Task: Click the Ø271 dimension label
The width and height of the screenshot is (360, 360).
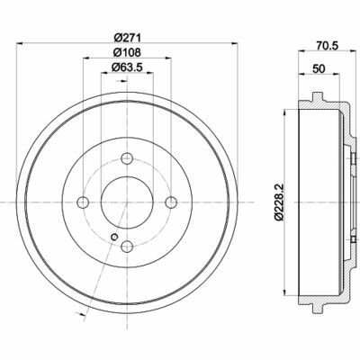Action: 127,38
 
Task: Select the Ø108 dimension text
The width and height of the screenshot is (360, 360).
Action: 127,52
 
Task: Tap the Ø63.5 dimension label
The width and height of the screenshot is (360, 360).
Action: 127,67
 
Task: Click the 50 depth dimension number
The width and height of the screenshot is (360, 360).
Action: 319,68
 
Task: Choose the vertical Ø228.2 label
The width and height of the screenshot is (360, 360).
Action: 279,202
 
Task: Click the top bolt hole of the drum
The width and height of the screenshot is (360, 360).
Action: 127,158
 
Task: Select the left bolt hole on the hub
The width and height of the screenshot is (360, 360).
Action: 83,202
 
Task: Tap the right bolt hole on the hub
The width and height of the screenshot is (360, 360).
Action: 171,202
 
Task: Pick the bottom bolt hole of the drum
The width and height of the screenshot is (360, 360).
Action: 127,247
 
